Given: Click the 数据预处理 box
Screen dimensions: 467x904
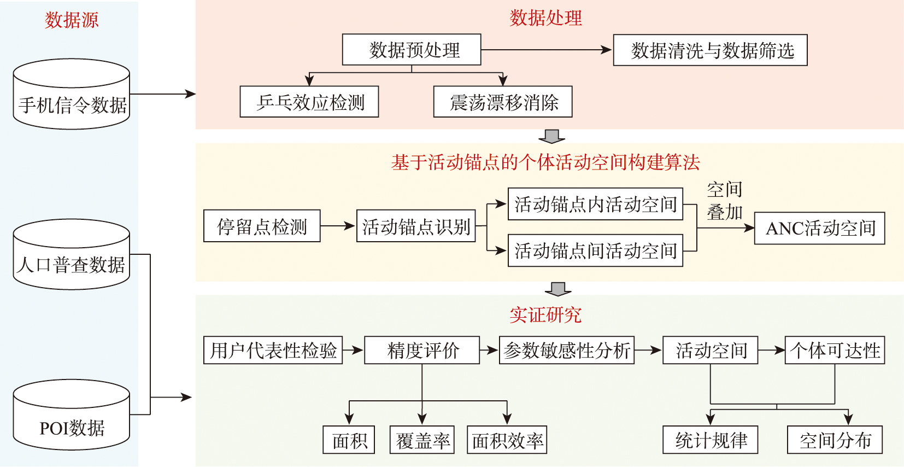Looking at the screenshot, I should pyautogui.click(x=412, y=50).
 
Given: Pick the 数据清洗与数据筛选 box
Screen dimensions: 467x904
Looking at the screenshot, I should pyautogui.click(x=710, y=50).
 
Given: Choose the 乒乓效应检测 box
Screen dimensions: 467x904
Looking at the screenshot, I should pyautogui.click(x=309, y=102).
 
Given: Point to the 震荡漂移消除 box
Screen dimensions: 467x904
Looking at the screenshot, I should pyautogui.click(x=503, y=102).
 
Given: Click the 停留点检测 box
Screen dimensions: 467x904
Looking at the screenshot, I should pyautogui.click(x=262, y=226).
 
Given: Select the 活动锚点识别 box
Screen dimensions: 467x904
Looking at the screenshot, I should pyautogui.click(x=416, y=226).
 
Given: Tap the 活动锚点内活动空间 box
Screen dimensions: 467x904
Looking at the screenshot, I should pyautogui.click(x=595, y=204).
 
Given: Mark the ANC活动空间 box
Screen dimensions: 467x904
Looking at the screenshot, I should pyautogui.click(x=819, y=228).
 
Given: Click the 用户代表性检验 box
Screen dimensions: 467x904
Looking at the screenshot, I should pyautogui.click(x=273, y=350).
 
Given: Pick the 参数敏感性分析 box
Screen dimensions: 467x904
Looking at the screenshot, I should pyautogui.click(x=567, y=350).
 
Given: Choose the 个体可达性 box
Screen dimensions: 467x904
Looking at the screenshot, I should pyautogui.click(x=835, y=350).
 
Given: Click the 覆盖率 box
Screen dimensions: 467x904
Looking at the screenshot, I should pyautogui.click(x=422, y=440).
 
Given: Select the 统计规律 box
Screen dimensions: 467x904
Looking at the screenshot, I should pyautogui.click(x=710, y=440).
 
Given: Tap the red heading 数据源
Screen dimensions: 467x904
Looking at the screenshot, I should pyautogui.click(x=72, y=20).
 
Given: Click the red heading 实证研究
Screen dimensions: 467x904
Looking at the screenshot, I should pyautogui.click(x=545, y=314).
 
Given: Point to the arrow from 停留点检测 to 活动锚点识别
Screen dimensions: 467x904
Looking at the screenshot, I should pyautogui.click(x=338, y=226).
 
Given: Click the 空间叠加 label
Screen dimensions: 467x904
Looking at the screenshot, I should pyautogui.click(x=725, y=201).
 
